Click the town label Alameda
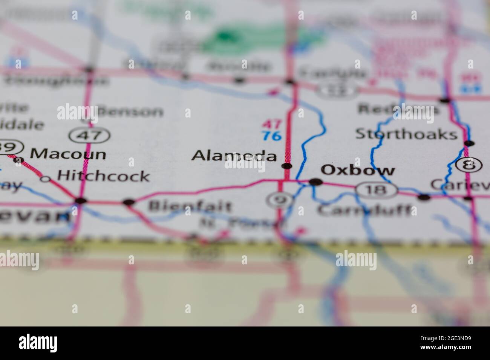tap(234, 156)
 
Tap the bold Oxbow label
tap(357, 170)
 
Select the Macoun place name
tap(68, 154)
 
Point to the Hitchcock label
tap(103, 176)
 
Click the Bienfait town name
tap(190, 206)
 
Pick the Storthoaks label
tap(406, 134)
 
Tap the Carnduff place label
tap(364, 210)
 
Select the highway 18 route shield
tap(377, 190)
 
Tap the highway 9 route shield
tap(279, 200)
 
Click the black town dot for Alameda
tap(287, 166)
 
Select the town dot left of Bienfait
tap(129, 202)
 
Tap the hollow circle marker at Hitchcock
tap(46, 179)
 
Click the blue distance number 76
tap(272, 136)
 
